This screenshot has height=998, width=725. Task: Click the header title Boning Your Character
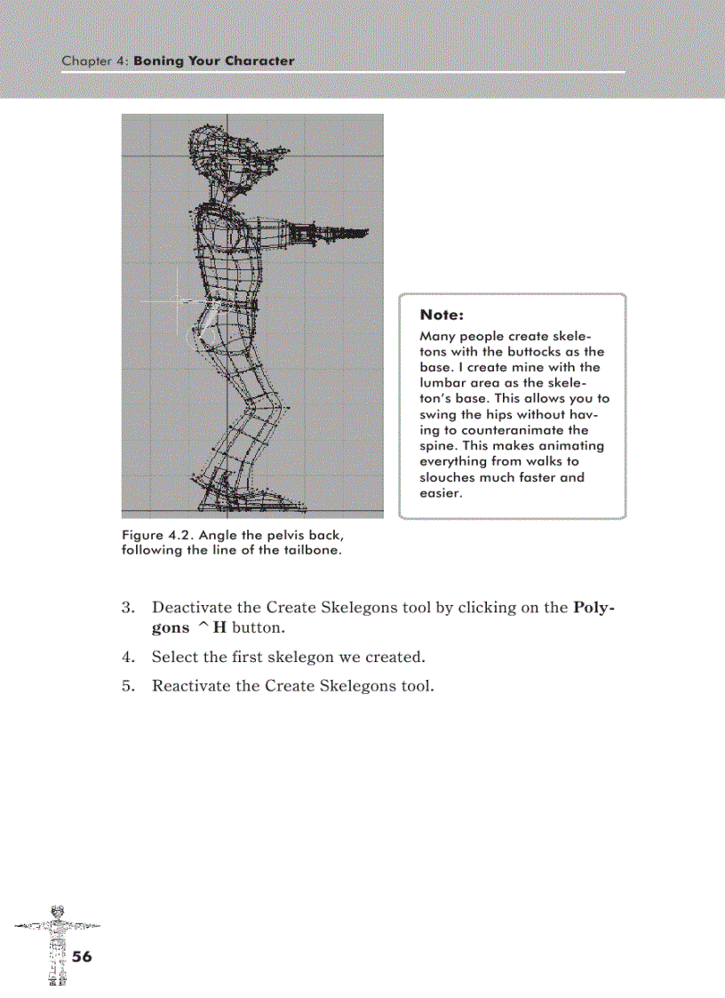(x=213, y=61)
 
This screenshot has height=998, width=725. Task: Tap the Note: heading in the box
(x=442, y=315)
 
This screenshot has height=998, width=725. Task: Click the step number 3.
(x=127, y=608)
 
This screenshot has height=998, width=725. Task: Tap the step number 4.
(x=127, y=658)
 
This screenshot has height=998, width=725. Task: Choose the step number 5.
(x=127, y=686)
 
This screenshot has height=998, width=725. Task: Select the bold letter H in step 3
(x=208, y=628)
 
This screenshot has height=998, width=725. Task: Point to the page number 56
(x=82, y=956)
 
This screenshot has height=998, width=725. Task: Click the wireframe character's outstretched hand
(x=352, y=233)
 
